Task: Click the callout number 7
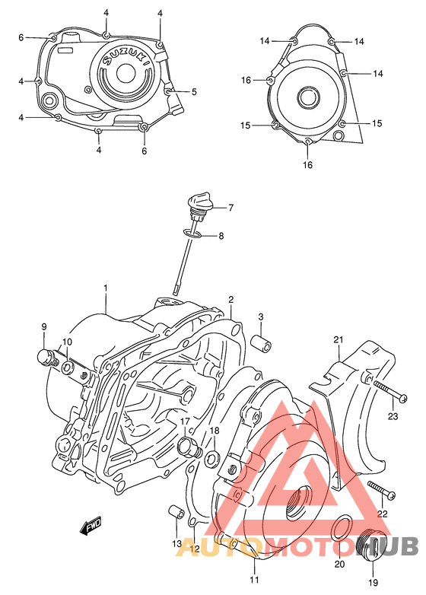tap(230, 208)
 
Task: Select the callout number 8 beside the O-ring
tap(221, 237)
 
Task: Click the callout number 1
tap(106, 288)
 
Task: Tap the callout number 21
tap(339, 339)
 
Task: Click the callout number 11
tap(253, 581)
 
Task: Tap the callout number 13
tap(176, 544)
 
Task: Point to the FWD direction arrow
tap(91, 525)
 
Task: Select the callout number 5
tap(194, 92)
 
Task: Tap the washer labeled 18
tap(214, 457)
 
